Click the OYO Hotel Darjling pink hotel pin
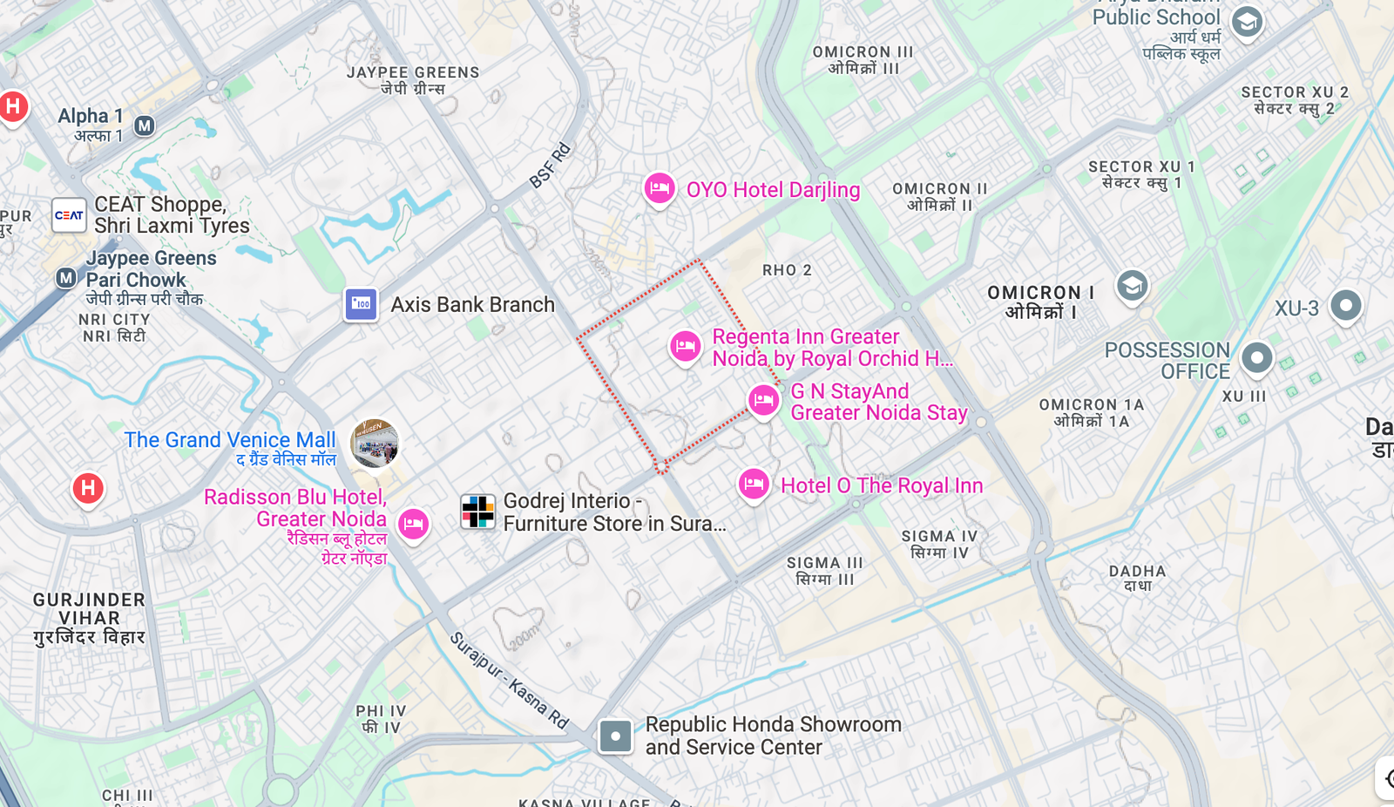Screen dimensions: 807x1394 pyautogui.click(x=660, y=188)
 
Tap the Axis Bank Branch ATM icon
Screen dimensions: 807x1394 pyautogui.click(x=361, y=304)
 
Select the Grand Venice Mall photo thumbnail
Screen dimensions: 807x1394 pyautogui.click(x=375, y=443)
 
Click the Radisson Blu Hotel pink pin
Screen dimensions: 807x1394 pyautogui.click(x=413, y=523)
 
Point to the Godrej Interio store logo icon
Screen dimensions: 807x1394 pyautogui.click(x=477, y=512)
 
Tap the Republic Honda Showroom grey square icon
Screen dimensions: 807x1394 pyautogui.click(x=615, y=736)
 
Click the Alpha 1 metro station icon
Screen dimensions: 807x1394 pyautogui.click(x=145, y=125)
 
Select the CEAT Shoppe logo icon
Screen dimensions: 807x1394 pyautogui.click(x=69, y=215)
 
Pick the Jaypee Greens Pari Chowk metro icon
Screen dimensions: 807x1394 pyautogui.click(x=66, y=278)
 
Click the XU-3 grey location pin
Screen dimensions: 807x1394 pyautogui.click(x=1346, y=305)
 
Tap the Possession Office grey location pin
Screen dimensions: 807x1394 pyautogui.click(x=1256, y=357)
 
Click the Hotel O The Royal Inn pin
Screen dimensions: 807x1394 pyautogui.click(x=754, y=484)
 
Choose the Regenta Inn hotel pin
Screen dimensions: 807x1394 pyautogui.click(x=686, y=346)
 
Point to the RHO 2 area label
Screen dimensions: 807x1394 pyautogui.click(x=787, y=270)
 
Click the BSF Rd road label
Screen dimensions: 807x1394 pyautogui.click(x=550, y=166)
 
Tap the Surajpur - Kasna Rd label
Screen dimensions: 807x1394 pyautogui.click(x=509, y=681)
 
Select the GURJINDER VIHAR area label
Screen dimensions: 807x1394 pyautogui.click(x=89, y=618)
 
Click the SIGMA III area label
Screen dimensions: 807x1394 pyautogui.click(x=824, y=571)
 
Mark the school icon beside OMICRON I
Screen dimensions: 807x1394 pyautogui.click(x=1132, y=285)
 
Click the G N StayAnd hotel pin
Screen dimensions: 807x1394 pyautogui.click(x=764, y=400)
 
